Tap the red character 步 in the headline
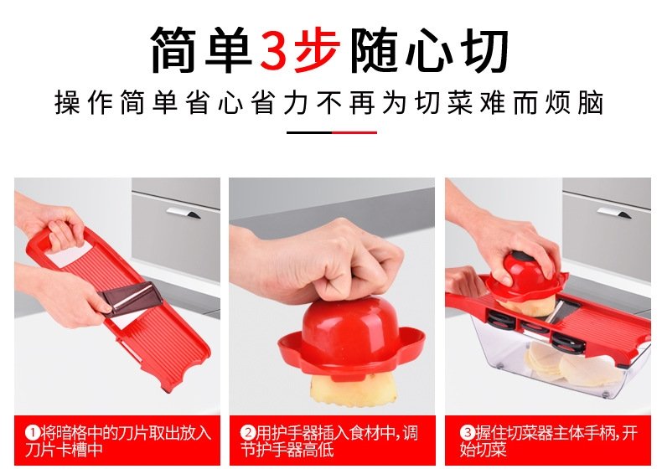point(317,50)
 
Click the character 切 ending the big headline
point(486,50)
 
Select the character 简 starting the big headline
point(175,50)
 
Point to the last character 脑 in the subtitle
point(591,102)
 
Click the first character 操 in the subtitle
point(68,102)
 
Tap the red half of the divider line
point(354,132)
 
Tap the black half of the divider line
point(309,132)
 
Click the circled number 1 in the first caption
point(32,433)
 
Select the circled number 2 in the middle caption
point(248,433)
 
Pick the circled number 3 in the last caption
point(468,433)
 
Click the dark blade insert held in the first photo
point(130,298)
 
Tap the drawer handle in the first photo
point(184,213)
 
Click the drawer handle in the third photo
point(614,213)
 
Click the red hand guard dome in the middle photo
point(350,337)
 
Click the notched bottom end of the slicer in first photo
point(183,376)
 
